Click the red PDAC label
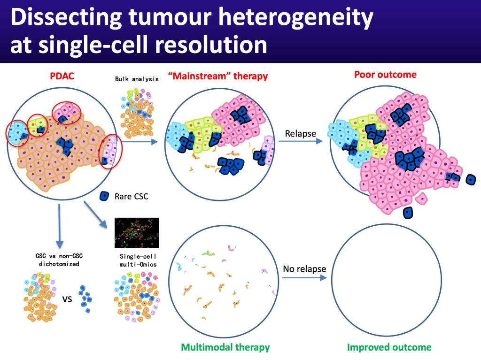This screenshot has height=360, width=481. [x=62, y=76]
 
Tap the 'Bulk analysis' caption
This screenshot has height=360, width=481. [x=137, y=79]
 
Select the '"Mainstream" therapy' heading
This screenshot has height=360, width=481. [x=218, y=76]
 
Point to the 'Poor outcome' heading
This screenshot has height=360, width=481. [x=385, y=75]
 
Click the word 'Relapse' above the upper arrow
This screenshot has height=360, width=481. [x=300, y=133]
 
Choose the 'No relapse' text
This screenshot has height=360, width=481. [x=304, y=269]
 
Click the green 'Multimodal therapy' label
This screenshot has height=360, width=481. [x=225, y=347]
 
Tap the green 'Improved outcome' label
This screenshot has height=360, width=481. [x=389, y=347]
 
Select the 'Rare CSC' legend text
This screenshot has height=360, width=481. [x=132, y=196]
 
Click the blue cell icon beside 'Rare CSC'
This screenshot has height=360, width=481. [x=104, y=196]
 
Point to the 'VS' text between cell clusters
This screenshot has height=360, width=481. [x=67, y=299]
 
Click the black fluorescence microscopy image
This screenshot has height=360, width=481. [x=137, y=233]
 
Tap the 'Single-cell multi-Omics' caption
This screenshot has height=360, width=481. [x=138, y=260]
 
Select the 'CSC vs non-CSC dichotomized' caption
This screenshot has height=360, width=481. [x=59, y=260]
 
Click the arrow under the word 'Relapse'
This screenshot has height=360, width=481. [x=301, y=141]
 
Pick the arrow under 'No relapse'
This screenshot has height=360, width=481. [x=304, y=277]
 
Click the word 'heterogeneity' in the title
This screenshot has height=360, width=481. [x=296, y=18]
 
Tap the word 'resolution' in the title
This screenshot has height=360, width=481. [x=211, y=45]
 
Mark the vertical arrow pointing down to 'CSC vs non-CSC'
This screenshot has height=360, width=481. [x=60, y=226]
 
